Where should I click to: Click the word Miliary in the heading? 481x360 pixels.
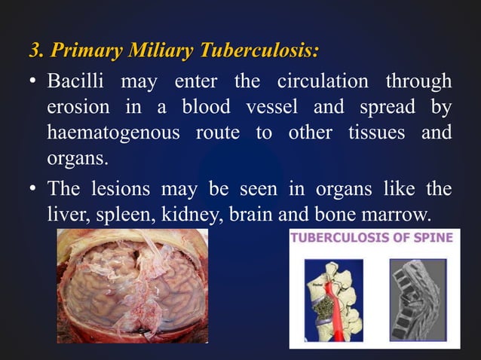pyautogui.click(x=160, y=51)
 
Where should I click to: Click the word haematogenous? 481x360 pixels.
pyautogui.click(x=112, y=133)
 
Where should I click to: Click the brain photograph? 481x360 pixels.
pyautogui.click(x=132, y=286)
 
